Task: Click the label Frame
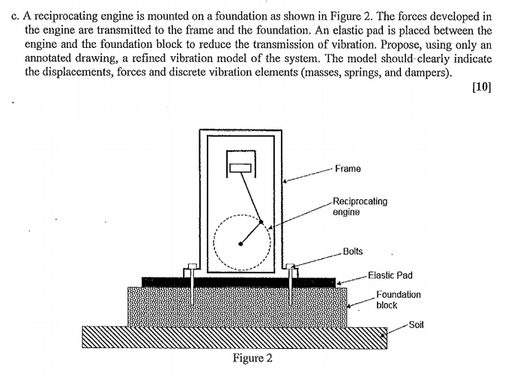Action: [x=348, y=169]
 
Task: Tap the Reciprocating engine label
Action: [x=360, y=207]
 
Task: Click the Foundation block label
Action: [x=398, y=299]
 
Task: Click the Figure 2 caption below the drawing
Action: [x=253, y=358]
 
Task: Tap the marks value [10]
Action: [x=483, y=86]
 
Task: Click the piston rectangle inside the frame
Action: [x=241, y=168]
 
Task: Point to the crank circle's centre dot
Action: [x=241, y=243]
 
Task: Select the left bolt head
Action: [x=191, y=268]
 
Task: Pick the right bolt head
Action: [x=290, y=268]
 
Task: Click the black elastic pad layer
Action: [x=240, y=281]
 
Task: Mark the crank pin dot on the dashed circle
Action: [x=261, y=222]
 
